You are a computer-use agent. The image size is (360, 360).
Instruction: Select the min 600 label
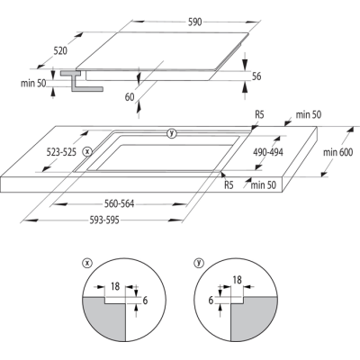click(x=338, y=154)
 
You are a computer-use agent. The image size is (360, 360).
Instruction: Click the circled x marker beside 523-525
click(x=86, y=152)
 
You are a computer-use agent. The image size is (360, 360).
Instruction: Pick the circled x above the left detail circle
click(x=87, y=264)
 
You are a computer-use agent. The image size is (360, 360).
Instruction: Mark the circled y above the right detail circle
click(x=197, y=264)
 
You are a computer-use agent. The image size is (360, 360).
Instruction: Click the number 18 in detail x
click(x=113, y=286)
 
